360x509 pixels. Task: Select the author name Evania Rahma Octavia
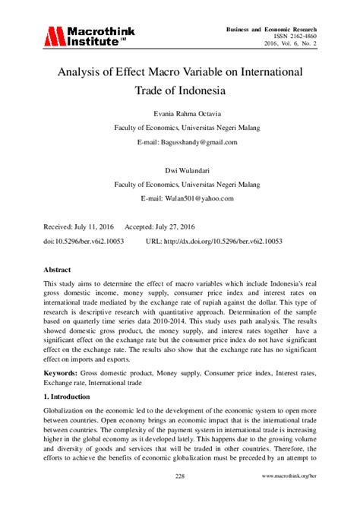[x=179, y=114]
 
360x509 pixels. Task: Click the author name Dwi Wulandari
[x=179, y=170]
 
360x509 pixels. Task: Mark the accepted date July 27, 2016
[x=169, y=226]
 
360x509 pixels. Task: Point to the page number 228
[x=180, y=476]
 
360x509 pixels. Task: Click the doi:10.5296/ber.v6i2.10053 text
[x=84, y=240]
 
